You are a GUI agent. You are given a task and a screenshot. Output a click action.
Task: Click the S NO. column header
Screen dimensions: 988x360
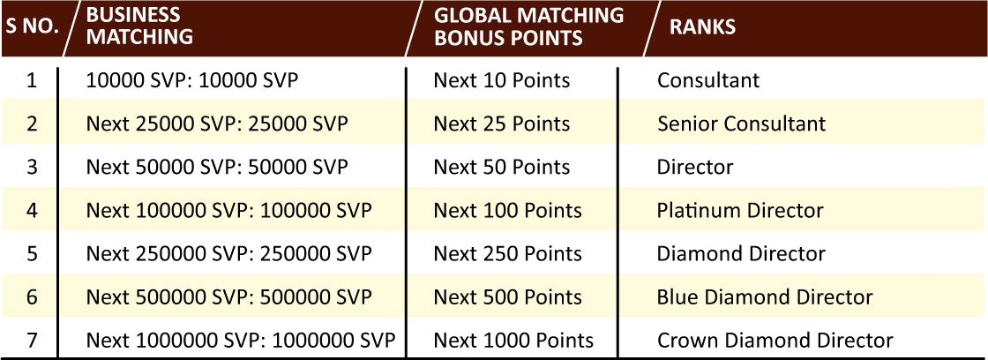(x=33, y=27)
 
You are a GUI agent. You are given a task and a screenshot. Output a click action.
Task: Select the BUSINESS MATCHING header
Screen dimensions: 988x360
(x=140, y=26)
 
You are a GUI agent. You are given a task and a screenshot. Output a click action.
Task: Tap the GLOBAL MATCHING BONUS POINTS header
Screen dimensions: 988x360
(x=528, y=26)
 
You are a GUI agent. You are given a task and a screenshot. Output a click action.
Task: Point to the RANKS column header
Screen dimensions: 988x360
(x=702, y=26)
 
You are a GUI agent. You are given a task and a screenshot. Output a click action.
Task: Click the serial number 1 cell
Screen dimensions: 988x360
(x=32, y=80)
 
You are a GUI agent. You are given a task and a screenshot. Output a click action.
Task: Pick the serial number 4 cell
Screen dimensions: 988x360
(x=32, y=210)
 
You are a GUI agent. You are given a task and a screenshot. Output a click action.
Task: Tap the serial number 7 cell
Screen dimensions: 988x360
(x=32, y=341)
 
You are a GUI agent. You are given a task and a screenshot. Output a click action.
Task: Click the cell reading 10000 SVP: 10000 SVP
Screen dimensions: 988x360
(x=192, y=80)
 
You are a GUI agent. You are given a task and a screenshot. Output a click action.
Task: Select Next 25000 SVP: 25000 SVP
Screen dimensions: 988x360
(x=217, y=124)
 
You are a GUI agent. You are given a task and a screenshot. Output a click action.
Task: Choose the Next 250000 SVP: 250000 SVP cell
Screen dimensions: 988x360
(x=229, y=253)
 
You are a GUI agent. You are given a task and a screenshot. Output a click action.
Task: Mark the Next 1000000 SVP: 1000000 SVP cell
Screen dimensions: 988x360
(x=242, y=341)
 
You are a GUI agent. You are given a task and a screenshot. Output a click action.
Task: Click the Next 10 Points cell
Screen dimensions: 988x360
(x=502, y=80)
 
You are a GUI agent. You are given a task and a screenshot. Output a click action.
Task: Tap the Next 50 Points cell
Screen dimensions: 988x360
(x=502, y=167)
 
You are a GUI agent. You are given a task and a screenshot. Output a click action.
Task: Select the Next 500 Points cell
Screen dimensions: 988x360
(x=508, y=297)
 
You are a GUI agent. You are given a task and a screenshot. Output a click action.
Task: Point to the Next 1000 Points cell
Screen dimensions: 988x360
(x=513, y=341)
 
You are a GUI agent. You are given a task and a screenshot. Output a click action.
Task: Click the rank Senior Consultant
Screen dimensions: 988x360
(x=742, y=124)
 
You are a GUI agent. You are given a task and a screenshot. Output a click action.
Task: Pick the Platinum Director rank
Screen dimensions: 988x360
(x=740, y=210)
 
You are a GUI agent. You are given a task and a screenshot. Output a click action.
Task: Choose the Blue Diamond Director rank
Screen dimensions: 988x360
(x=765, y=297)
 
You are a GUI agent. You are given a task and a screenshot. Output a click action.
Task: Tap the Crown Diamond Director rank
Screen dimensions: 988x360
(x=775, y=341)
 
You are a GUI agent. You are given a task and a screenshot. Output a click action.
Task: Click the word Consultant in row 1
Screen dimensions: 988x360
(x=709, y=80)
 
